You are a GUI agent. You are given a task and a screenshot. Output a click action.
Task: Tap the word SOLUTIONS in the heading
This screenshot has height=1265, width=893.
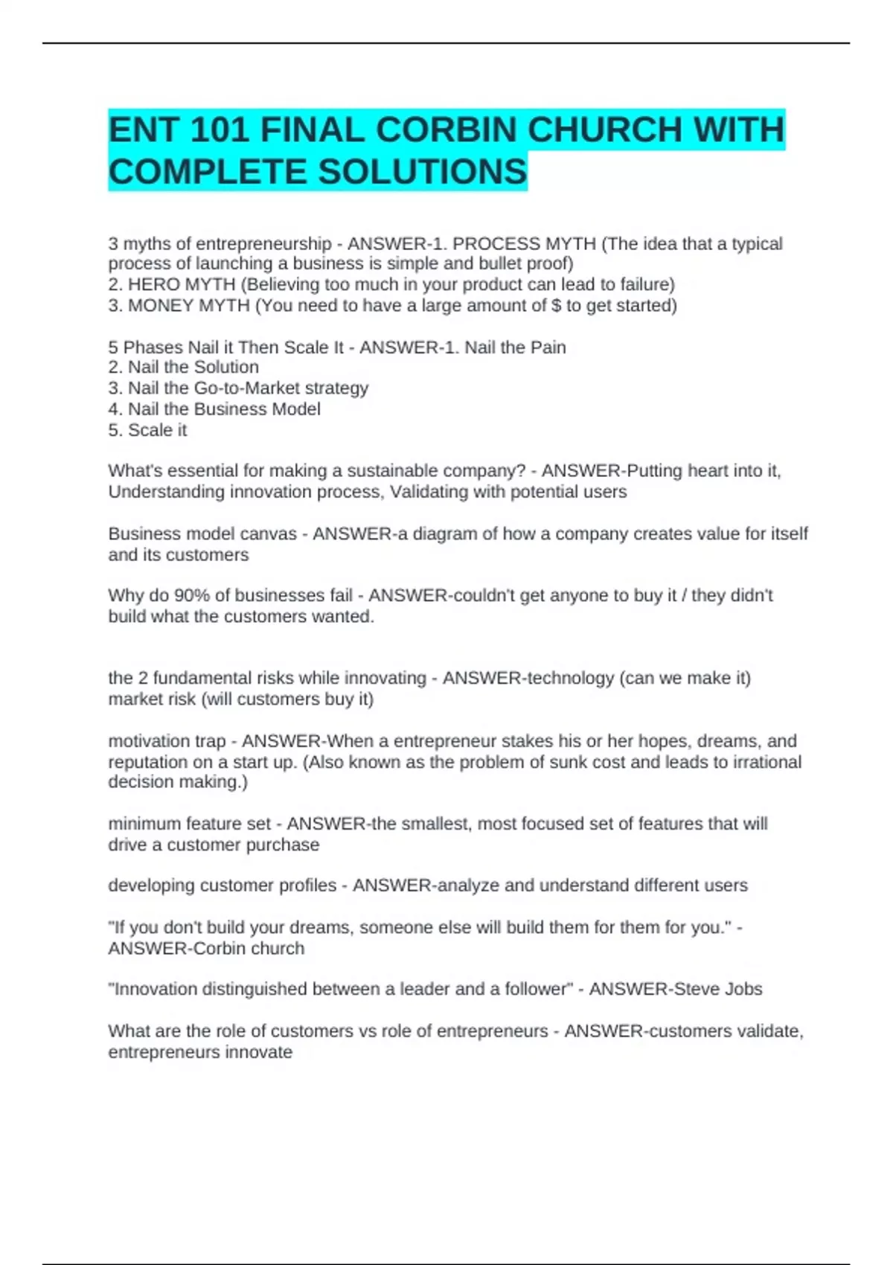coord(423,172)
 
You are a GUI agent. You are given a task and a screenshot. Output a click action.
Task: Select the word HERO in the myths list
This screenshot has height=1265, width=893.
coord(154,284)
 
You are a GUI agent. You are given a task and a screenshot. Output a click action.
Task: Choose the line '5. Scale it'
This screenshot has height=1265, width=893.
coord(147,430)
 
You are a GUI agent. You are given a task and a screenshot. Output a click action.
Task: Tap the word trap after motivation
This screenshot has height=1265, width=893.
coord(209,741)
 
